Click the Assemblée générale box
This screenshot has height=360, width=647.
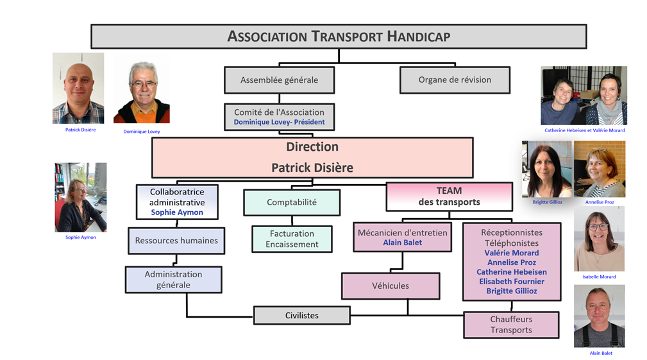[279, 80]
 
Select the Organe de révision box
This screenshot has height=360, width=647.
[455, 80]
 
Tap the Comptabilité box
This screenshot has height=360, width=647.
[292, 202]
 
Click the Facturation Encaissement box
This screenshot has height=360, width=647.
[292, 239]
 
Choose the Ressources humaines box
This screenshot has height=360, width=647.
[176, 241]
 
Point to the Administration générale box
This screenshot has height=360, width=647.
[173, 280]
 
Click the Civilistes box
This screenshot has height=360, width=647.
[302, 315]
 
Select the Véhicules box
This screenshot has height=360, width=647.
[391, 286]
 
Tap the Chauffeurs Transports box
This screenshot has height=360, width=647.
[511, 325]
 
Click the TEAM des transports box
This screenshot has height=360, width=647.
[449, 196]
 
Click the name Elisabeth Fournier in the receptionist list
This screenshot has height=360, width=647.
[511, 281]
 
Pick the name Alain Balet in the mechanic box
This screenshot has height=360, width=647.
[403, 243]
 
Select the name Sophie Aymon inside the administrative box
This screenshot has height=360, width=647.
[177, 212]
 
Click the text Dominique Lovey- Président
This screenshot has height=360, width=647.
[279, 122]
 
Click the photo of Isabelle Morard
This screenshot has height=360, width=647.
[599, 238]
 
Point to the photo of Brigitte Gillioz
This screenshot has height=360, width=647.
[546, 169]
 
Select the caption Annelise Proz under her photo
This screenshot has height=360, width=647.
[600, 202]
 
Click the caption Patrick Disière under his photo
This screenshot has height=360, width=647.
[81, 130]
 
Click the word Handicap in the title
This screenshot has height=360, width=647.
[419, 37]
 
